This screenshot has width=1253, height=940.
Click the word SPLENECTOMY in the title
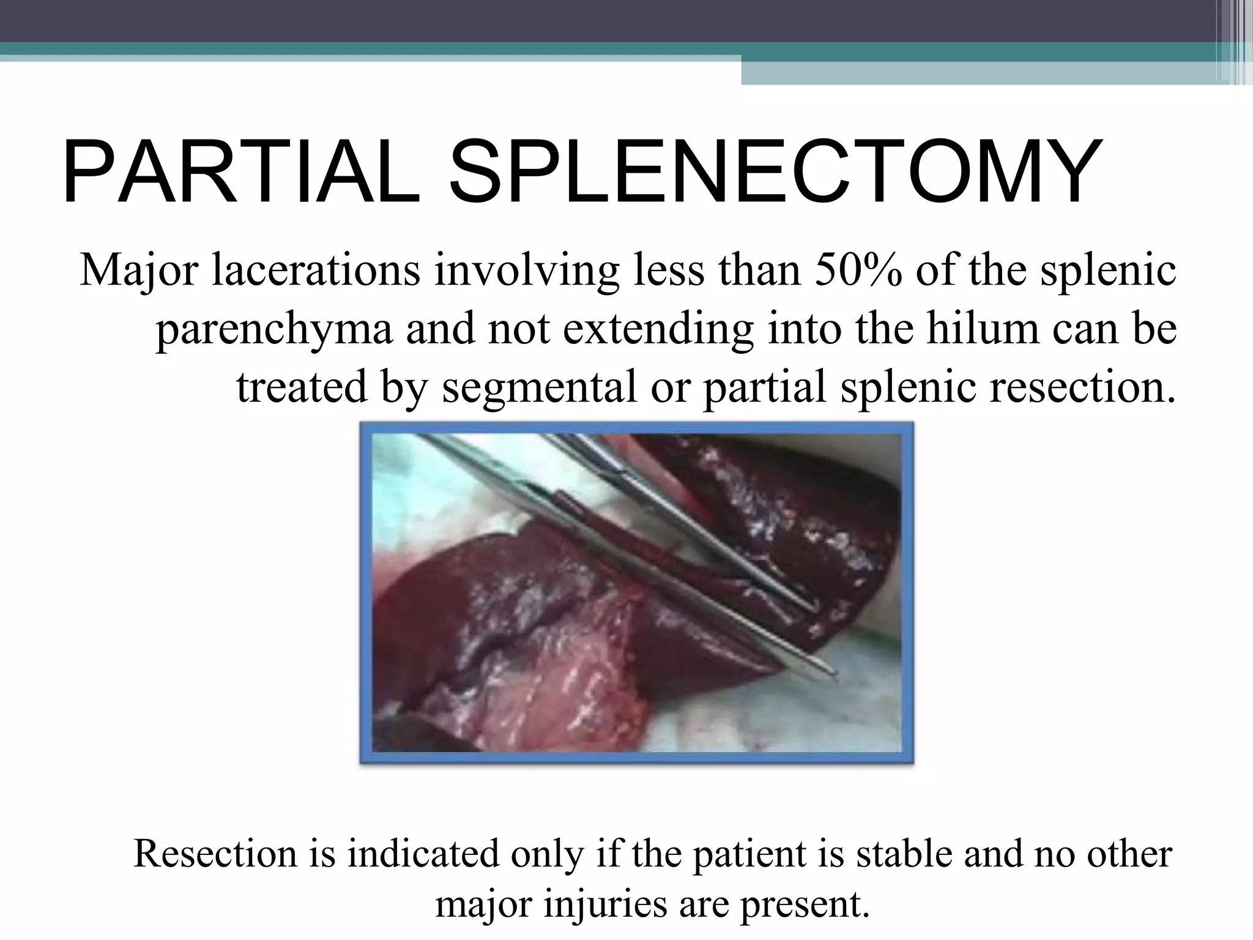pyautogui.click(x=775, y=173)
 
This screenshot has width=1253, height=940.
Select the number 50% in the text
pyautogui.click(x=858, y=270)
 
